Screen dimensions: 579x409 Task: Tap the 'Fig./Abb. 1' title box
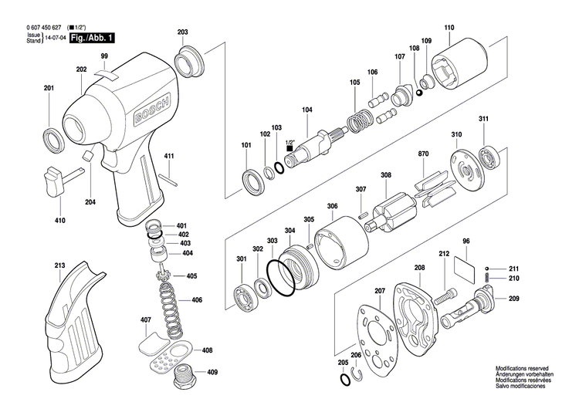coord(93,38)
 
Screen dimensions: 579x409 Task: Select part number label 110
coord(449,27)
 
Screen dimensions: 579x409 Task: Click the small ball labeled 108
coord(418,93)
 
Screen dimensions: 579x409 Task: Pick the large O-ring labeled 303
coord(280,278)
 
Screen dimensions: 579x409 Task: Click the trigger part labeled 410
coord(62,181)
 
